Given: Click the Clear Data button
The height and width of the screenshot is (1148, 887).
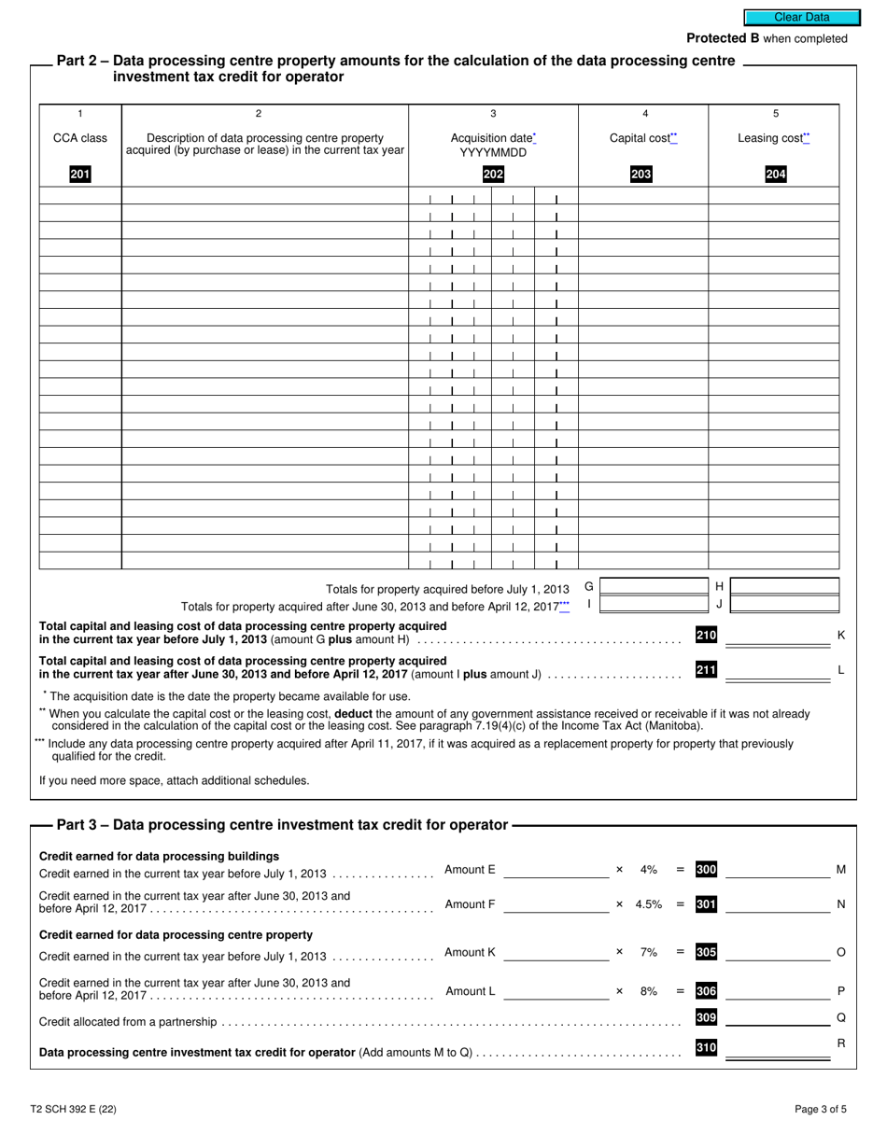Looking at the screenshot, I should point(801,17).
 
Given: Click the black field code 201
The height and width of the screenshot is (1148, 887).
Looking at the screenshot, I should point(80,174).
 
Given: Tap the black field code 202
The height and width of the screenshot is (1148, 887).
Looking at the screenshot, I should point(493,174).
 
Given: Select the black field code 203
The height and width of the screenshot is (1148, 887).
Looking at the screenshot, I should point(641,174).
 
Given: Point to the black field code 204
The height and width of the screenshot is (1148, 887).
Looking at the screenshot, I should point(775,174).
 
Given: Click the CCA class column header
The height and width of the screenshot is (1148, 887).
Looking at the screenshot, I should point(80,138).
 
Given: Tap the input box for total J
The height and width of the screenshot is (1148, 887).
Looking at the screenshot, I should point(783,604).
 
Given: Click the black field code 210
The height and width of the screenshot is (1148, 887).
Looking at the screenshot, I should point(706,636).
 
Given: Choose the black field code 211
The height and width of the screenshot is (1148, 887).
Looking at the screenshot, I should point(706,669).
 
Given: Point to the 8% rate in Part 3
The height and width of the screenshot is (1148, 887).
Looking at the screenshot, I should point(648,991).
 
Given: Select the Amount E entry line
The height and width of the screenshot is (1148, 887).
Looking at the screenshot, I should point(556,871).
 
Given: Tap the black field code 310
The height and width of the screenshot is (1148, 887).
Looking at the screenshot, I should point(706,1048).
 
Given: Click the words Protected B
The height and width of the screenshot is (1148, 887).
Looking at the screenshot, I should point(723,38).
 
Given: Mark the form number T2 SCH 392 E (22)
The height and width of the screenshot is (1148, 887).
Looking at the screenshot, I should point(73,1110).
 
